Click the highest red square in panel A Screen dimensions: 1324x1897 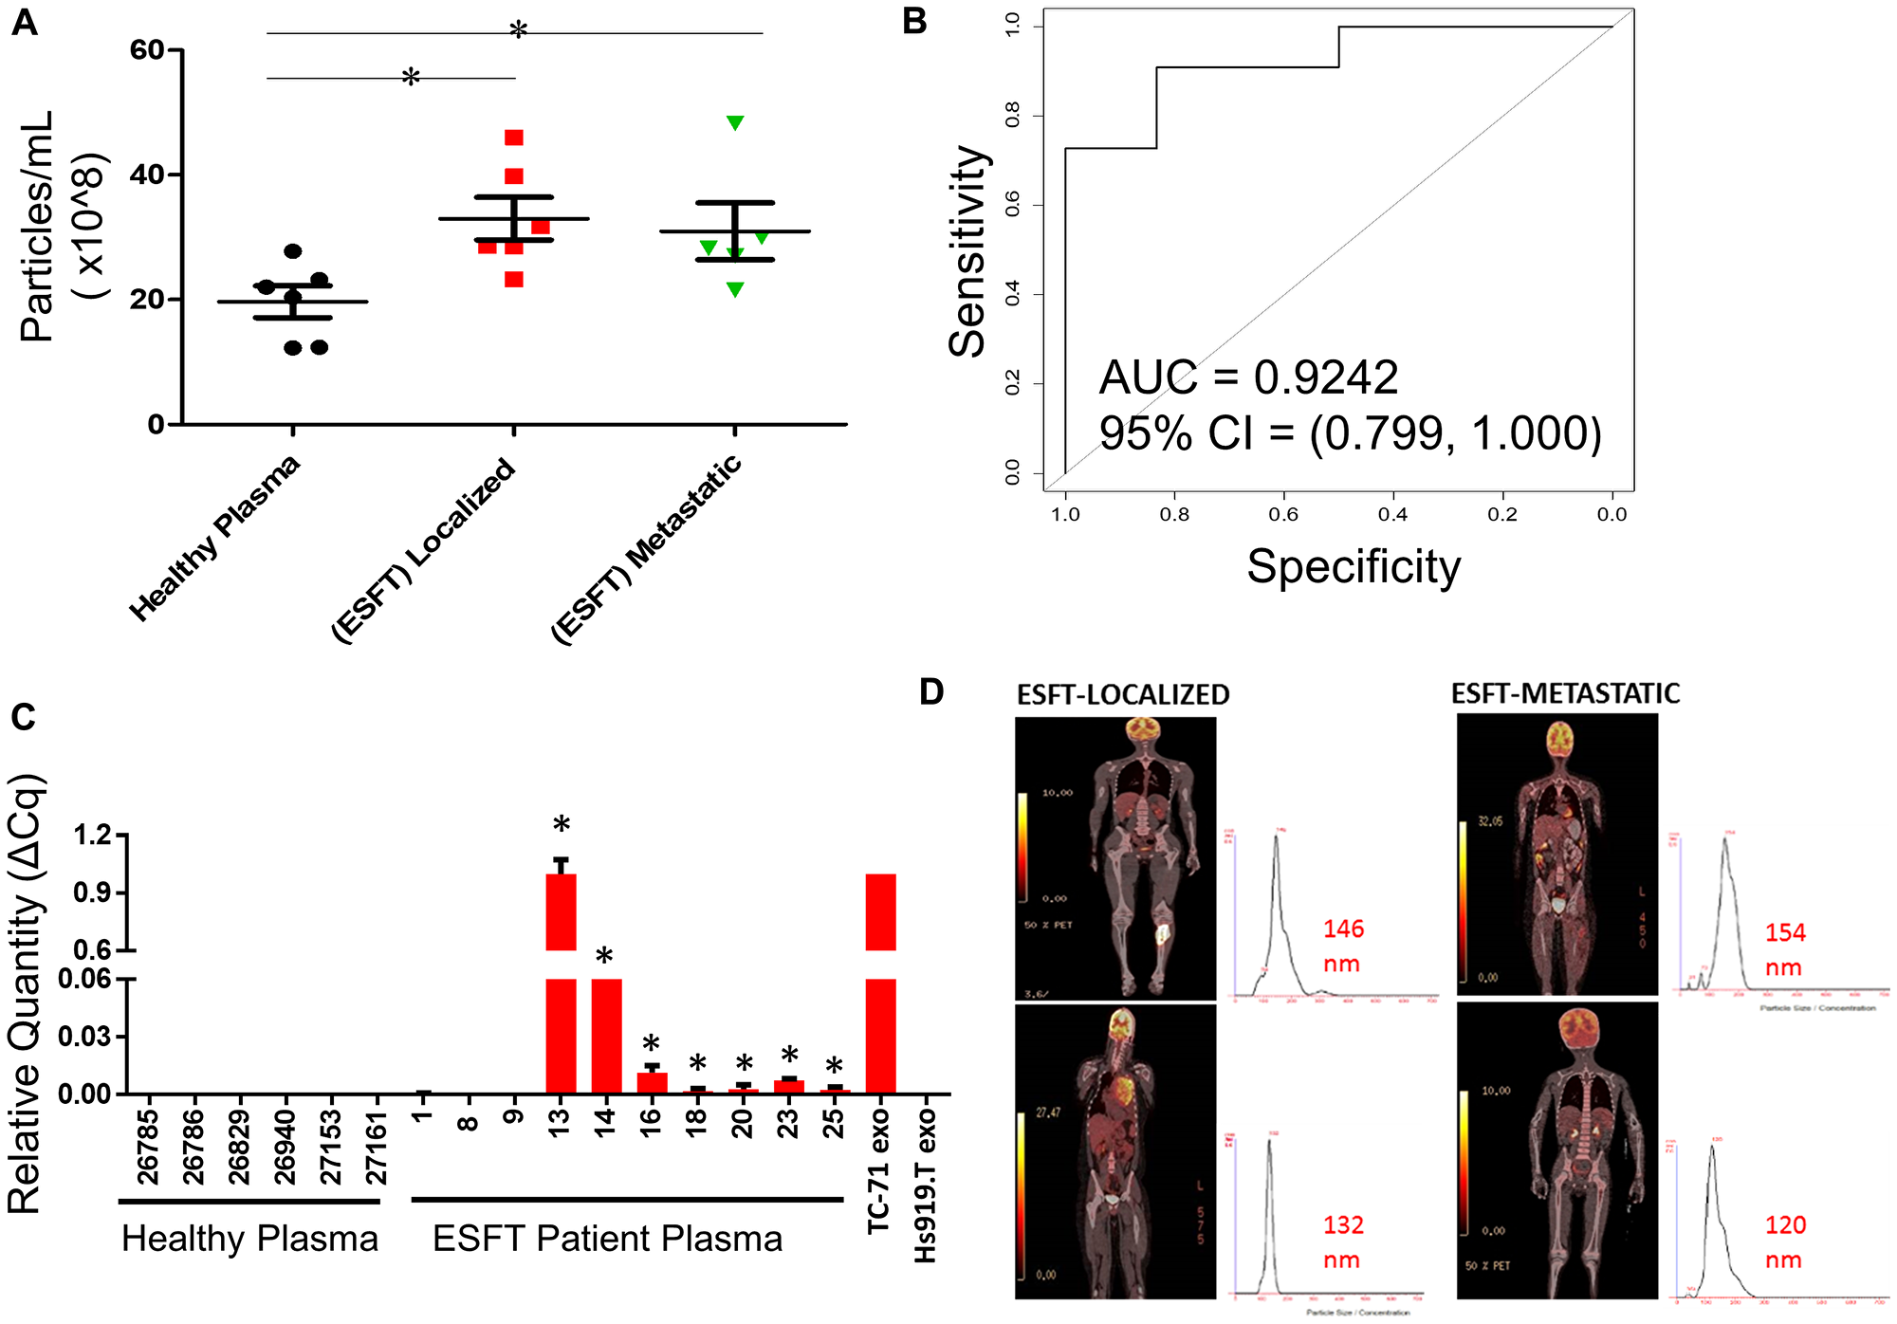coord(513,138)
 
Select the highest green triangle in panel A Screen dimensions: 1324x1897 coord(735,122)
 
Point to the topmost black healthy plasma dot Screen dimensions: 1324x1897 coord(293,251)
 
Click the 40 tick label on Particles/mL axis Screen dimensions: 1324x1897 coord(148,175)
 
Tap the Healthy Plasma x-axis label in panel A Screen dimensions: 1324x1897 coord(216,537)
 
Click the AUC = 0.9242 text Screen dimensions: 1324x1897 coord(1247,377)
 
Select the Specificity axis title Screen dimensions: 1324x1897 coord(1353,567)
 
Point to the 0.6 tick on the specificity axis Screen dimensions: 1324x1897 coord(1283,514)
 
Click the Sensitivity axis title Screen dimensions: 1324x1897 coord(968,251)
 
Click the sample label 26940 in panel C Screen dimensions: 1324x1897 coord(285,1148)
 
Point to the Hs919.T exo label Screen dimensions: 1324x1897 coord(925,1186)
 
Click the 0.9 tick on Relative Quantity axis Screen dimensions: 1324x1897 coord(93,892)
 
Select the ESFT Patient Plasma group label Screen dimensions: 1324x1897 coord(607,1239)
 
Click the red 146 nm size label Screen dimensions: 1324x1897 coord(1343,946)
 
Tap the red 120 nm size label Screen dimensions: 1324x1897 coord(1784,1241)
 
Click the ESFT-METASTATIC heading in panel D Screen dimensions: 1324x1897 coord(1565,693)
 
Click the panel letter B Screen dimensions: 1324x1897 coord(914,21)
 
